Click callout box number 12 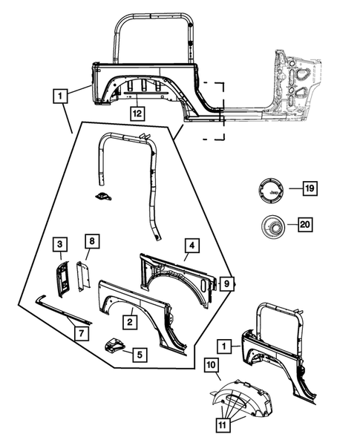coord(137,114)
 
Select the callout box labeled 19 coord(310,188)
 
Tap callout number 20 coord(305,224)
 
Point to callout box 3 coord(60,244)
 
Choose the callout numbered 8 coord(92,241)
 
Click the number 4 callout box coord(192,246)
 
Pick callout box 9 coord(226,283)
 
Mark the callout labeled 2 coord(130,322)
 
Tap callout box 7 coord(82,333)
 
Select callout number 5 coord(140,355)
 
